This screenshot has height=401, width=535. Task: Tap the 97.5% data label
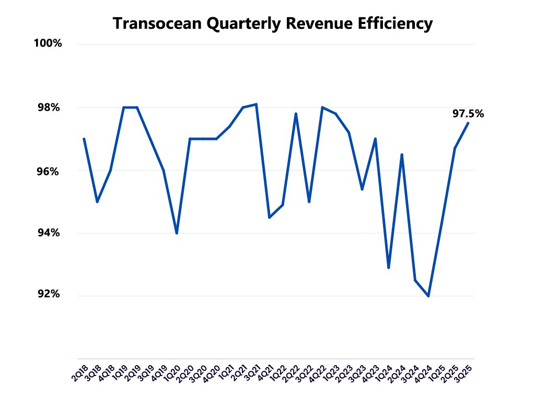(x=468, y=113)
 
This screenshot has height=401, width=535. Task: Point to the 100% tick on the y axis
(x=48, y=44)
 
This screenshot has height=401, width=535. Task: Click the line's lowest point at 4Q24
(x=428, y=296)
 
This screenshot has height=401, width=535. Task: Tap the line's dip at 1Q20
(x=177, y=233)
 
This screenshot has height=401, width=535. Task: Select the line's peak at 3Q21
(x=256, y=104)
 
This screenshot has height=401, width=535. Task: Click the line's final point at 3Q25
(x=468, y=123)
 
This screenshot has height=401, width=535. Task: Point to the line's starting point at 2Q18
(x=84, y=139)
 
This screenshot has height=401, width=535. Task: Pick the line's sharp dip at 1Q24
(x=389, y=268)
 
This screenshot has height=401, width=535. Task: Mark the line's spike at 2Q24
(x=402, y=155)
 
